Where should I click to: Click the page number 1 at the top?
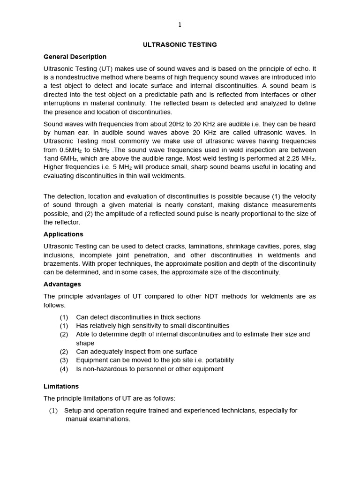pos(180,25)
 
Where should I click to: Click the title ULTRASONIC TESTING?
pos(180,45)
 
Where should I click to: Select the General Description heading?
pos(75,57)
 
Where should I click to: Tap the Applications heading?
pos(63,234)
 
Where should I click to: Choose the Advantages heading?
pos(62,284)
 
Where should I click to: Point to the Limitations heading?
pos(61,386)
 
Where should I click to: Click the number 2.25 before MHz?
pos(290,158)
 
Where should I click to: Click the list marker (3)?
pos(64,360)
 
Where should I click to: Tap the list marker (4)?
pos(64,369)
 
